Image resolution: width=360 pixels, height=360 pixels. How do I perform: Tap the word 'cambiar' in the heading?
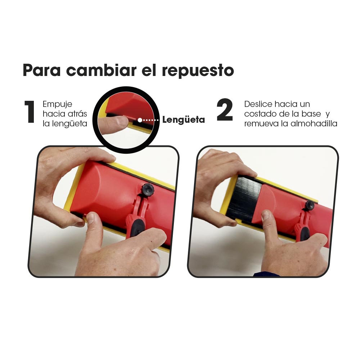point(101,70)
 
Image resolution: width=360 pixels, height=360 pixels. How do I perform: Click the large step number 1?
point(30,112)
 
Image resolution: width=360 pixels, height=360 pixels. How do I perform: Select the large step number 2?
point(225,110)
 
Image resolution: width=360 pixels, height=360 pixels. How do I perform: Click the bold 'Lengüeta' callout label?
point(184,120)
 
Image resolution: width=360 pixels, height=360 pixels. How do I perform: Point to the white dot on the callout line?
point(140,120)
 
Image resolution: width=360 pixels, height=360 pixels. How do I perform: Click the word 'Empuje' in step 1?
point(57,105)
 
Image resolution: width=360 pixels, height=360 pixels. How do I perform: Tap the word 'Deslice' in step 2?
point(258,104)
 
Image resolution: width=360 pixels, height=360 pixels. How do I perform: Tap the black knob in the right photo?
point(310,205)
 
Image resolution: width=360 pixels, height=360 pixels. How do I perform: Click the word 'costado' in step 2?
point(260,114)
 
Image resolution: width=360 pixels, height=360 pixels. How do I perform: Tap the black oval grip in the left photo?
point(138,228)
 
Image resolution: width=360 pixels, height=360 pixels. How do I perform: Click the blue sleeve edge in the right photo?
point(266,274)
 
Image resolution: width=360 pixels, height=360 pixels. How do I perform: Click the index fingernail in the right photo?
point(265,215)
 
